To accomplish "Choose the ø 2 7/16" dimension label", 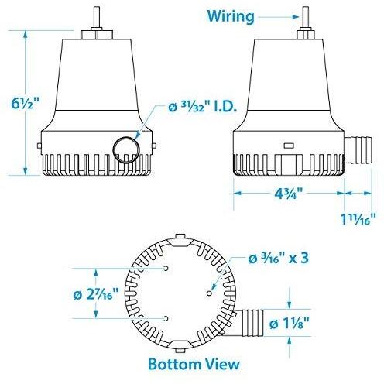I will coord(39,296).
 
